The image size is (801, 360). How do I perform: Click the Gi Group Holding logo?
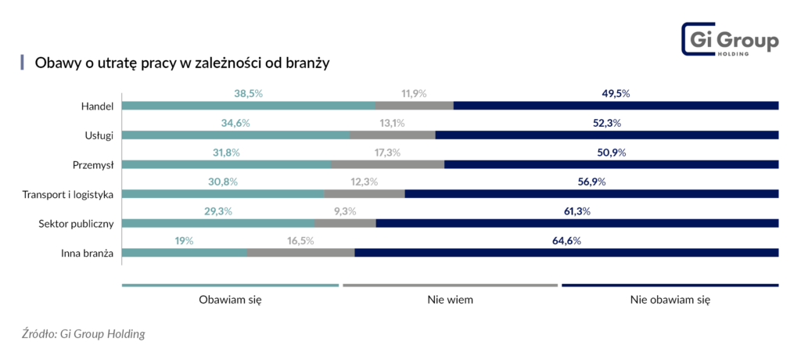click(730, 40)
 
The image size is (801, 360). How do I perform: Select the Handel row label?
click(98, 106)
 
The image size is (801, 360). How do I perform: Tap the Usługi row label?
click(99, 135)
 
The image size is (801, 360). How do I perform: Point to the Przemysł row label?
click(93, 164)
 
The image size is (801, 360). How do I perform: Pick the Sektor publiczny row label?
click(77, 223)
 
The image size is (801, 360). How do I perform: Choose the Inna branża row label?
click(88, 253)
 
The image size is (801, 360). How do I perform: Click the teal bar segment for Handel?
click(248, 106)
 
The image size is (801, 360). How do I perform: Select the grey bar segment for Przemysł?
click(388, 164)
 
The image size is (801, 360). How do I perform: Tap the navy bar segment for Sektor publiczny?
click(577, 223)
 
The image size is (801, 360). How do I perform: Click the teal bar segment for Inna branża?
click(185, 253)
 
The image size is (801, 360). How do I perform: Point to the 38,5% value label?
click(248, 93)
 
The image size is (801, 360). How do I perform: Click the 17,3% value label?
click(388, 152)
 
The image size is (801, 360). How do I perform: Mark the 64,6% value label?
click(566, 240)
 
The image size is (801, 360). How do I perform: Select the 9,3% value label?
click(345, 211)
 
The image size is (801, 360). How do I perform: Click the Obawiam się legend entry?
click(230, 299)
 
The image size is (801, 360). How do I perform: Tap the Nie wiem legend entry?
click(450, 299)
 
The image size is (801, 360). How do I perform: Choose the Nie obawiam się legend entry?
click(670, 299)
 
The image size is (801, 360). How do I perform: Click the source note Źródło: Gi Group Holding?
click(84, 334)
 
